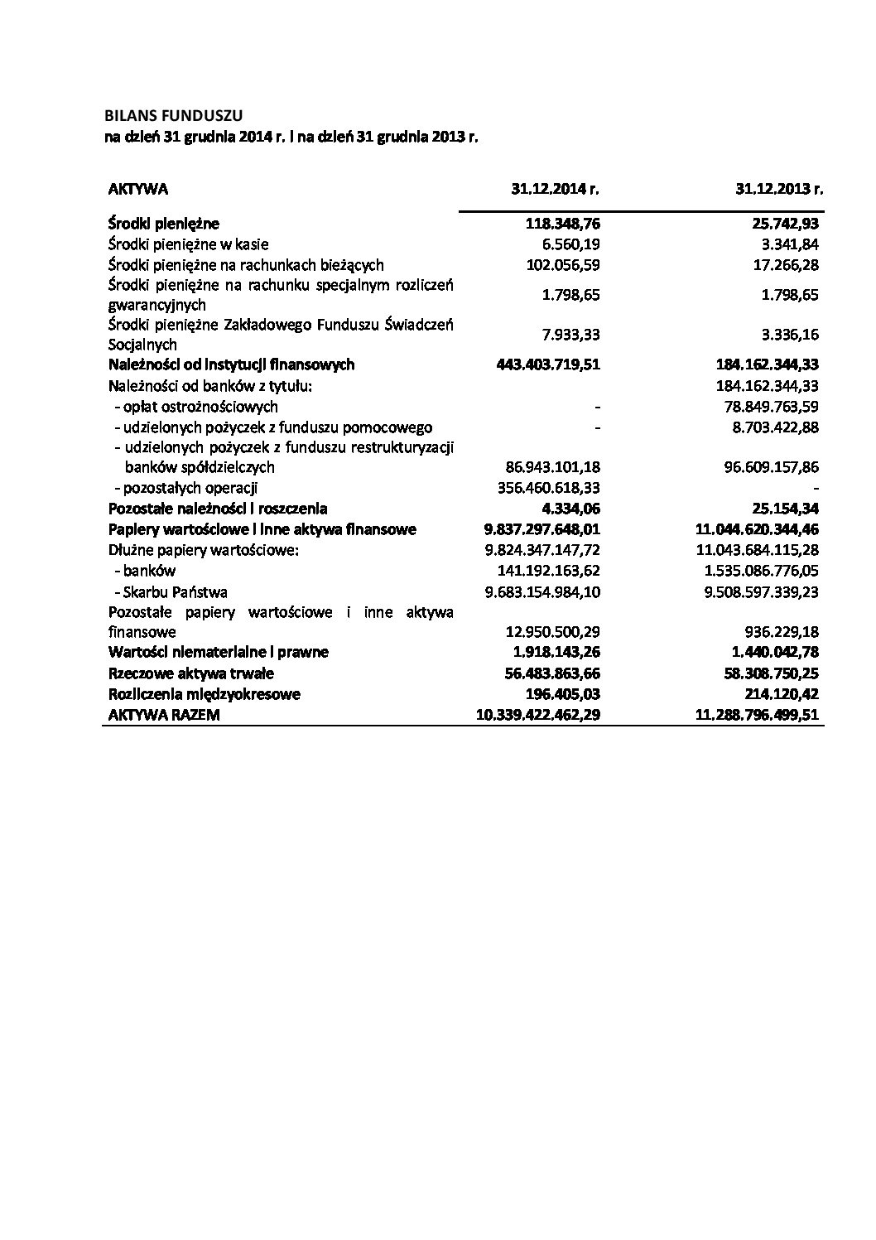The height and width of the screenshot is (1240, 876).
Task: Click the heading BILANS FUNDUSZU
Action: (x=175, y=115)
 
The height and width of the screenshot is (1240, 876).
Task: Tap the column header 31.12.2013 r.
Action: (x=778, y=189)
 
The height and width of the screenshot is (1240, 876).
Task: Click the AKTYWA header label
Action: (x=138, y=189)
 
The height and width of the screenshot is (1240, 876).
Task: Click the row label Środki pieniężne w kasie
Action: (x=189, y=244)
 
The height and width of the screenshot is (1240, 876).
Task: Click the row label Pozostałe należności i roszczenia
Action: (x=218, y=509)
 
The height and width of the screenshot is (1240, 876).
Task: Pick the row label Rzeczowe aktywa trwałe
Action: (x=191, y=673)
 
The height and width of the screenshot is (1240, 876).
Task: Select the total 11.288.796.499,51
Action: (x=758, y=715)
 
